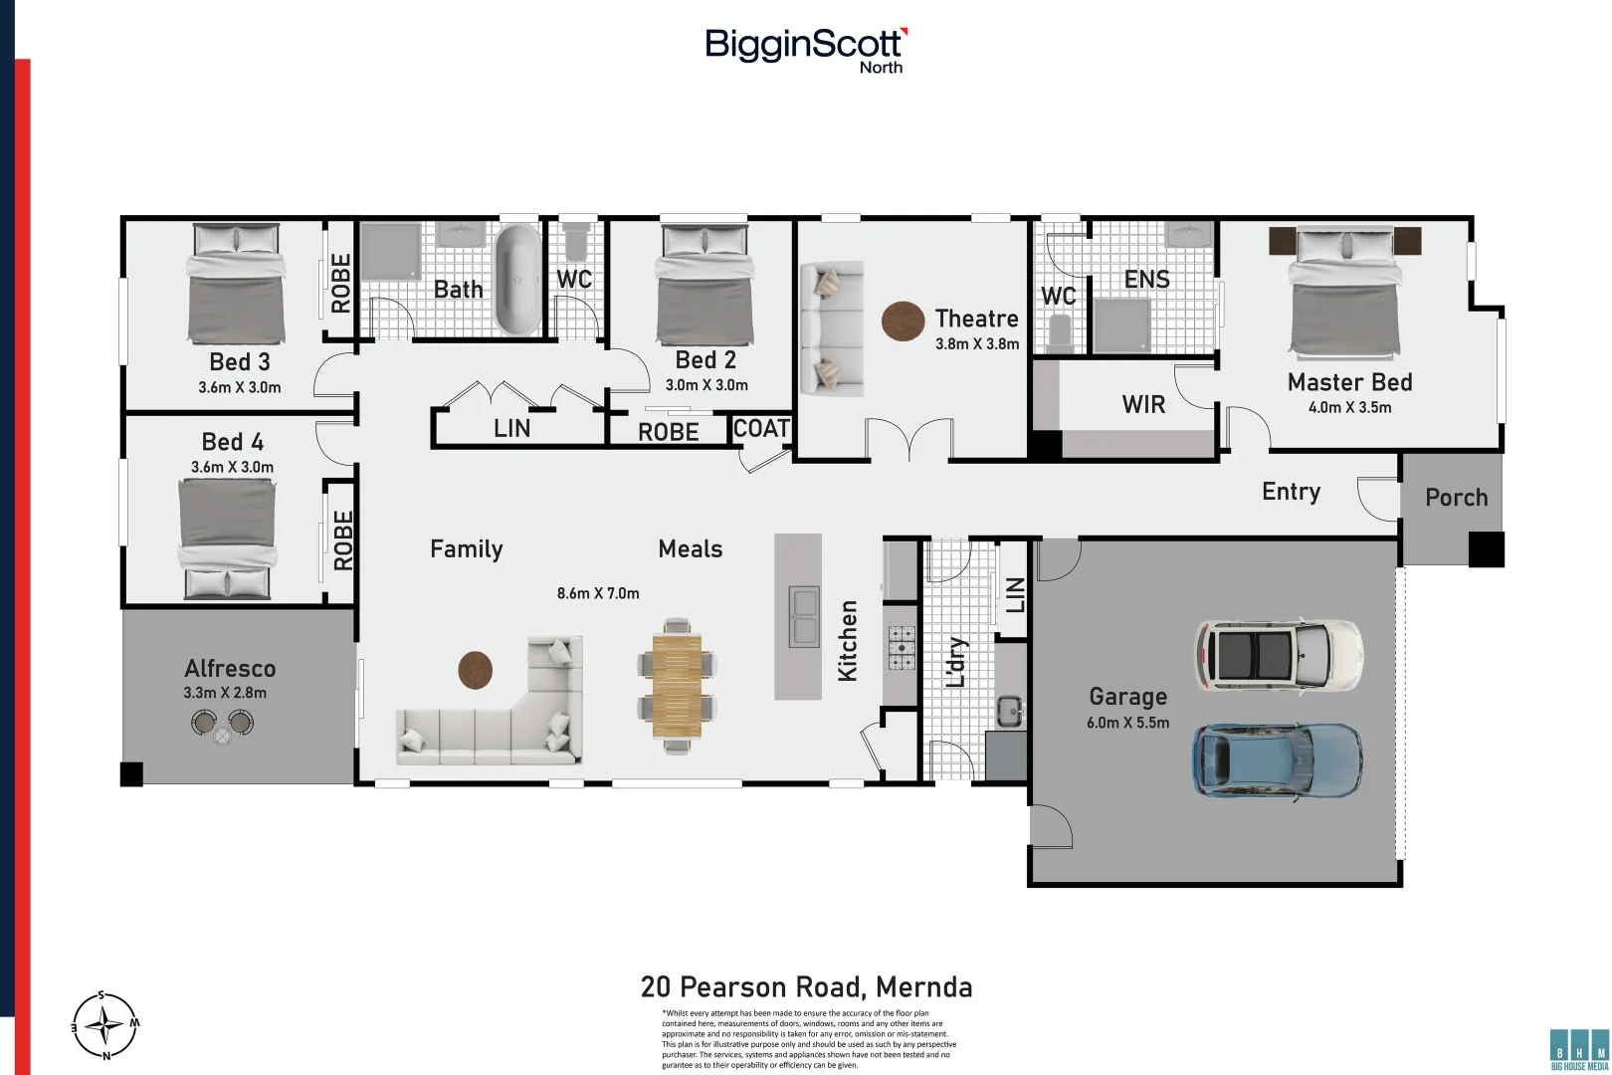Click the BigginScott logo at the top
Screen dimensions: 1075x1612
tap(805, 48)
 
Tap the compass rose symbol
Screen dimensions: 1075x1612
tap(104, 1025)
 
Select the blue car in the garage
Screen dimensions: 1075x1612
tap(1277, 760)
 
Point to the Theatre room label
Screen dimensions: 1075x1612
tap(976, 319)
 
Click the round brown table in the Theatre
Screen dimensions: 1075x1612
tap(903, 322)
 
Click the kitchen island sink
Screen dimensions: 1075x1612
tap(803, 617)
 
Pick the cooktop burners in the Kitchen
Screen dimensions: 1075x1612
tap(902, 647)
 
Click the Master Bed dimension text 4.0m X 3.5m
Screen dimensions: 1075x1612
tap(1349, 407)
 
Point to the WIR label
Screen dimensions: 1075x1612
tap(1143, 404)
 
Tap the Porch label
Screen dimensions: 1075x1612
tap(1456, 498)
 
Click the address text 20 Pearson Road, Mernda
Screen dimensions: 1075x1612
tap(806, 987)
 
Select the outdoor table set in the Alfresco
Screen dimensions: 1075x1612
tap(222, 724)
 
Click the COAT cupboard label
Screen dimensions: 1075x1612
tap(761, 429)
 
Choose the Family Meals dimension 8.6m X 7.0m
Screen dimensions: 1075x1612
tap(598, 593)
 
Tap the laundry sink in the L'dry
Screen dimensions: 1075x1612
tap(1010, 711)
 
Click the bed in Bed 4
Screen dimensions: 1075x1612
tap(227, 537)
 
